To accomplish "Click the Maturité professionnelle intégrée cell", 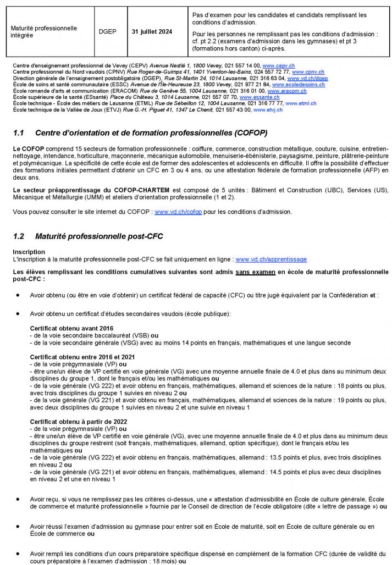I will (44, 31).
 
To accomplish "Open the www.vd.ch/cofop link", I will (172, 212).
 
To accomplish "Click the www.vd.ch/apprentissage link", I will (270, 258).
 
